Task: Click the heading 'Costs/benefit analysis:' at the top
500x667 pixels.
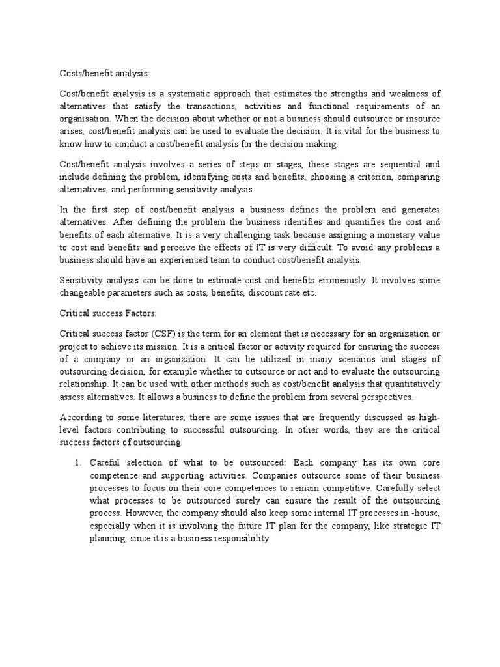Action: coord(104,74)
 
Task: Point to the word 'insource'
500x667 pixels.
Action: coord(420,119)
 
